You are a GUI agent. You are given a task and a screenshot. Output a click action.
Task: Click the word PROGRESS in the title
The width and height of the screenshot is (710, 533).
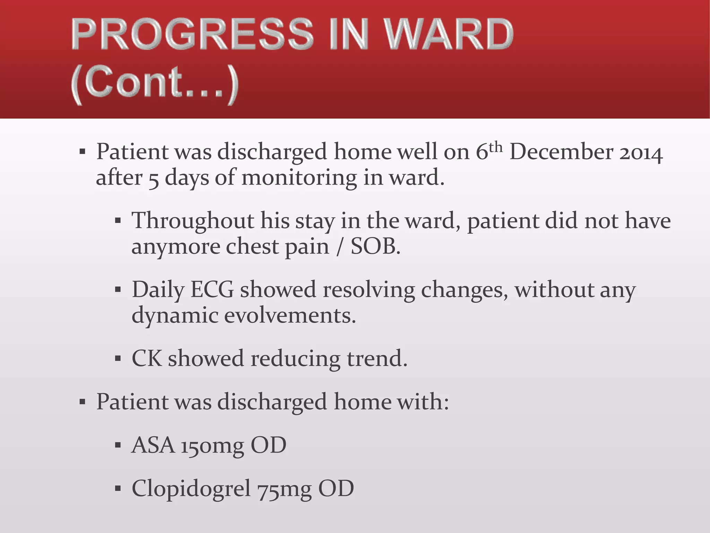click(x=192, y=35)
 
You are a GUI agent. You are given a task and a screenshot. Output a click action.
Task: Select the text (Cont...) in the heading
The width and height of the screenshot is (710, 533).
click(x=155, y=84)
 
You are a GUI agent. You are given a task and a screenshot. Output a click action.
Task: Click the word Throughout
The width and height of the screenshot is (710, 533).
click(x=193, y=221)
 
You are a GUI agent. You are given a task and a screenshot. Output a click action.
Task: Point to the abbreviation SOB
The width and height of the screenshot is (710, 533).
click(x=375, y=247)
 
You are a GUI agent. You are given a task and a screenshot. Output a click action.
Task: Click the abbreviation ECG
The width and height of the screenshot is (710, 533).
click(x=212, y=290)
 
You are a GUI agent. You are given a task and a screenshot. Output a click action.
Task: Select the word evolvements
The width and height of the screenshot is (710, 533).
click(x=290, y=316)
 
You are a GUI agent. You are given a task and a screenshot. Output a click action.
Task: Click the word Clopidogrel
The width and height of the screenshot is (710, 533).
click(x=191, y=489)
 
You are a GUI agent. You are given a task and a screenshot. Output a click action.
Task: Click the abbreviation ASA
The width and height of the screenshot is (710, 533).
click(x=153, y=445)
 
